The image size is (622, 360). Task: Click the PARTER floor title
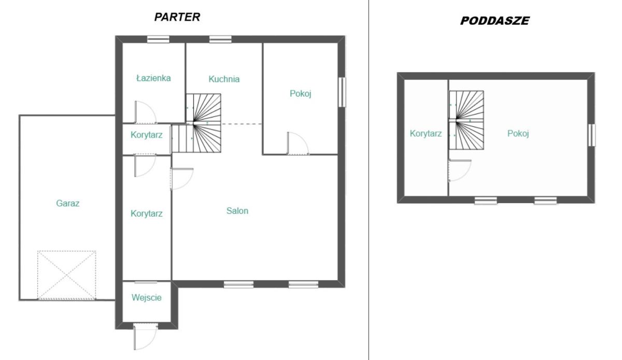pyautogui.click(x=177, y=17)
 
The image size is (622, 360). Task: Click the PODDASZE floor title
pyautogui.click(x=495, y=21)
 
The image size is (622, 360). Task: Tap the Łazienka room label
pyautogui.click(x=153, y=78)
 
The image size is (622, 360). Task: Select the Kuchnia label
pyautogui.click(x=224, y=79)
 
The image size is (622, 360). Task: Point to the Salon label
pyautogui.click(x=237, y=211)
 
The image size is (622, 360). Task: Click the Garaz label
pyautogui.click(x=68, y=203)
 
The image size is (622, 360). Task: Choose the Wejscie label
pyautogui.click(x=147, y=297)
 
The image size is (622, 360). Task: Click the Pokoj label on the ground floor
pyautogui.click(x=301, y=94)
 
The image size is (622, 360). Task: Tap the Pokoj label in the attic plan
pyautogui.click(x=518, y=134)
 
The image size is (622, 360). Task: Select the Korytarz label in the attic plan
pyautogui.click(x=426, y=134)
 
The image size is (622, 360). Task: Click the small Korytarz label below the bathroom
pyautogui.click(x=147, y=135)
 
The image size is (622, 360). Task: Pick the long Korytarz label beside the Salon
pyautogui.click(x=147, y=213)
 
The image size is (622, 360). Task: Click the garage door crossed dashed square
pyautogui.click(x=67, y=275)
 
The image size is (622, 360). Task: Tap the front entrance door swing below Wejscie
pyautogui.click(x=146, y=338)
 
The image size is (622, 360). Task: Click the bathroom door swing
pyautogui.click(x=146, y=112)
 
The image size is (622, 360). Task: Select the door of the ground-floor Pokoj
pyautogui.click(x=298, y=143)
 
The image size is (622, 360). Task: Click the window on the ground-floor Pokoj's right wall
pyautogui.click(x=342, y=92)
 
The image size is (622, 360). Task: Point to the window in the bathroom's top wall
pyautogui.click(x=158, y=39)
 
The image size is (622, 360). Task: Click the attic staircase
pyautogui.click(x=466, y=120)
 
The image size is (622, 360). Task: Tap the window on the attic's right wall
pyautogui.click(x=592, y=135)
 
